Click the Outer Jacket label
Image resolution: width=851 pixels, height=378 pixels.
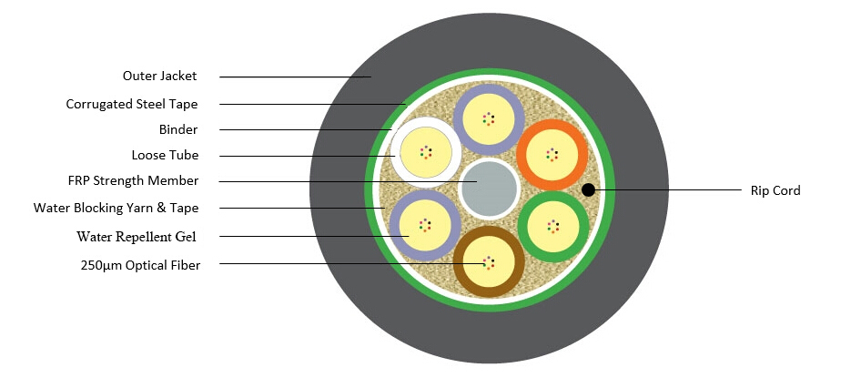pyautogui.click(x=159, y=76)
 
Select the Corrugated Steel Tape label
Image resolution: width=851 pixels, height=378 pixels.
pyautogui.click(x=132, y=104)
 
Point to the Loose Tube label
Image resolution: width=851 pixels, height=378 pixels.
pyautogui.click(x=165, y=155)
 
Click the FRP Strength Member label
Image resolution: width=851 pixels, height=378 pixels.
pyautogui.click(x=133, y=180)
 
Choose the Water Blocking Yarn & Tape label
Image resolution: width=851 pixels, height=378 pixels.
pyautogui.click(x=116, y=208)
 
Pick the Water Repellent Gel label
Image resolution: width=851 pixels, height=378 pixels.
pyautogui.click(x=137, y=237)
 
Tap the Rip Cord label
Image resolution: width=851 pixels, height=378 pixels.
pyautogui.click(x=775, y=190)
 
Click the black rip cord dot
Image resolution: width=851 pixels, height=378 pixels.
pyautogui.click(x=589, y=190)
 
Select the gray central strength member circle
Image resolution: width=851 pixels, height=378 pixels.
pyautogui.click(x=489, y=188)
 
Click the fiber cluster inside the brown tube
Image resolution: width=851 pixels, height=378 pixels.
pyautogui.click(x=488, y=263)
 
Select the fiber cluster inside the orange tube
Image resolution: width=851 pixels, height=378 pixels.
pyautogui.click(x=551, y=154)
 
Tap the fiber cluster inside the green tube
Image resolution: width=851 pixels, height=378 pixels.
pyautogui.click(x=552, y=225)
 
